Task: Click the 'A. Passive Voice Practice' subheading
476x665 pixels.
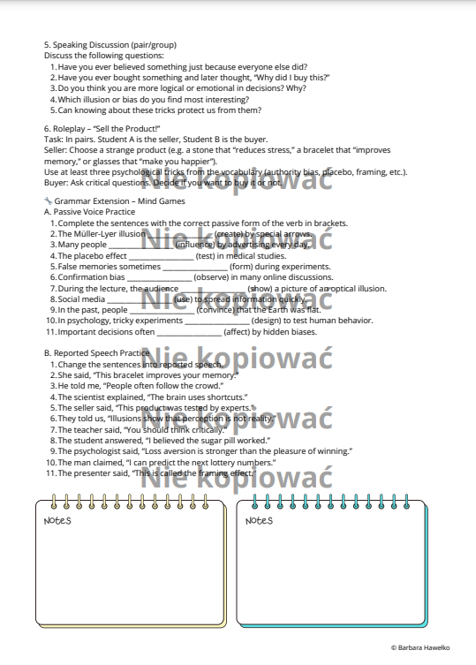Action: click(89, 212)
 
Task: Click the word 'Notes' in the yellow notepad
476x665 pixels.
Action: click(57, 520)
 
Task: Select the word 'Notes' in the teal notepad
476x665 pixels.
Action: click(259, 520)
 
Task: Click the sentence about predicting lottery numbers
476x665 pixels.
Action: click(168, 461)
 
